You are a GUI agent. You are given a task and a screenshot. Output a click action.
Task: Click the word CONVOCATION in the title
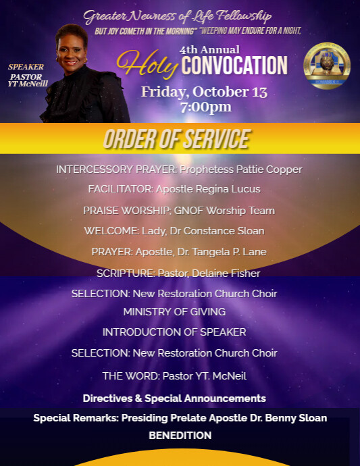(234, 66)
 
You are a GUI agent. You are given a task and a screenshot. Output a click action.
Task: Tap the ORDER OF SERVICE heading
(176, 139)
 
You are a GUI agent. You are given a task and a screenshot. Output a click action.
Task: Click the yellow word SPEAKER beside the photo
(26, 67)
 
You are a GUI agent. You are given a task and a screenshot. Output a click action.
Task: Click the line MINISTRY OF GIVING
(174, 312)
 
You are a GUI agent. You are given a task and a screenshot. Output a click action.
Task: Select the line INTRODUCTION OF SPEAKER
(174, 332)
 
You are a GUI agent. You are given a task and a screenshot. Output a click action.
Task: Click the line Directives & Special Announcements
(174, 398)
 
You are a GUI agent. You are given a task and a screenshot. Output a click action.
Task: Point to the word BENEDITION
(180, 436)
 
